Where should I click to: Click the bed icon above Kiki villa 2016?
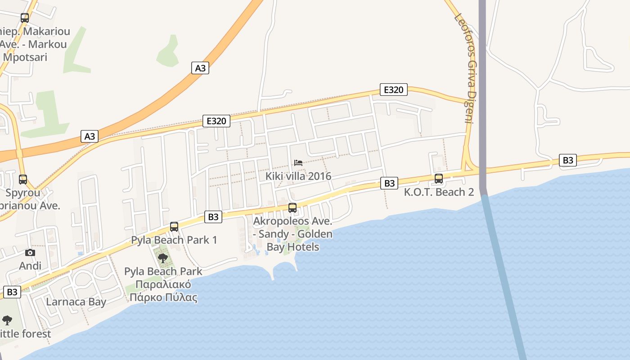point(298,163)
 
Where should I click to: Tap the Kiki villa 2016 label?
point(298,176)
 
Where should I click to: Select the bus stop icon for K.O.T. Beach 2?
point(439,179)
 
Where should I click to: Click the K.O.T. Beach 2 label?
point(439,192)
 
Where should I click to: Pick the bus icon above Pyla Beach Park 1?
point(174,227)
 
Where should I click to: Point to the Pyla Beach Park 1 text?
point(174,240)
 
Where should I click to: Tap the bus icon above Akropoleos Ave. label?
point(292,208)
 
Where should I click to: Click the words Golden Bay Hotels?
point(292,241)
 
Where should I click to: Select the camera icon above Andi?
point(30,252)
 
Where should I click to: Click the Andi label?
point(30,266)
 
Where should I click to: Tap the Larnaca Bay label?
point(76,301)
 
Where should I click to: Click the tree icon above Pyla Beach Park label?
point(163,258)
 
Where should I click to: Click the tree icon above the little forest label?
point(7,320)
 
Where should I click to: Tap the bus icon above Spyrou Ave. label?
point(23,180)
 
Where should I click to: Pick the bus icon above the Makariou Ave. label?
point(25,18)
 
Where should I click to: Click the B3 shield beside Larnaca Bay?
point(12,292)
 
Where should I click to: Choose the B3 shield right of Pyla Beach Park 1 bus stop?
point(213,217)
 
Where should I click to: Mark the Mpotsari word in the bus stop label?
point(25,57)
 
